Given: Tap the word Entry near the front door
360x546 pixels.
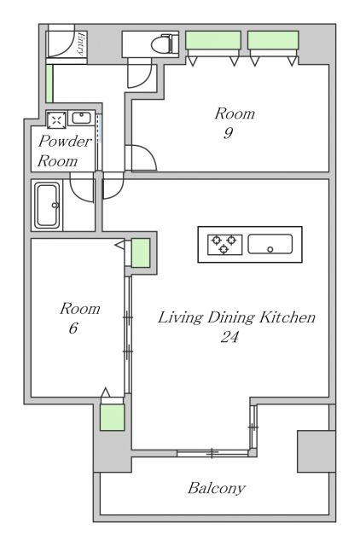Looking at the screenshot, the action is coord(81,44).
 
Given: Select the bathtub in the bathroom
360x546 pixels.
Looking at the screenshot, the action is coord(47,206).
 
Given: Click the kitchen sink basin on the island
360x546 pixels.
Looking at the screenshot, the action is coord(270,244).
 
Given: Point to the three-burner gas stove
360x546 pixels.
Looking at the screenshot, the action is coord(224,245).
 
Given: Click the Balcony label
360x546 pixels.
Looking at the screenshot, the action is coord(217,488).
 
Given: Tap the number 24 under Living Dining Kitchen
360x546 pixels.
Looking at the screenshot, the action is coord(229,336).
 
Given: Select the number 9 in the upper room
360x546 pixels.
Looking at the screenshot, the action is coord(228,133).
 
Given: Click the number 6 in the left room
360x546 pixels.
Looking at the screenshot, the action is coord(73,328).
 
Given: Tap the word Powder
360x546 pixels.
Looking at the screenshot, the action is coord(65,141).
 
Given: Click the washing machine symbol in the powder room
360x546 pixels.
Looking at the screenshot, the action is coord(56,120).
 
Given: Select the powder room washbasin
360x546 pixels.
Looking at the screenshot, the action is coord(81,119).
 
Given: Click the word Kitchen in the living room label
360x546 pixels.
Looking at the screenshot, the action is coord(287,317).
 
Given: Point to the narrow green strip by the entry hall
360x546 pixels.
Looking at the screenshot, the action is coord(49,84).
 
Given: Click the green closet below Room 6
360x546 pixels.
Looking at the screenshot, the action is coord(112,417).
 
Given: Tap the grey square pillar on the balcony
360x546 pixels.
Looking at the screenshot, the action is coord(316,451).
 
